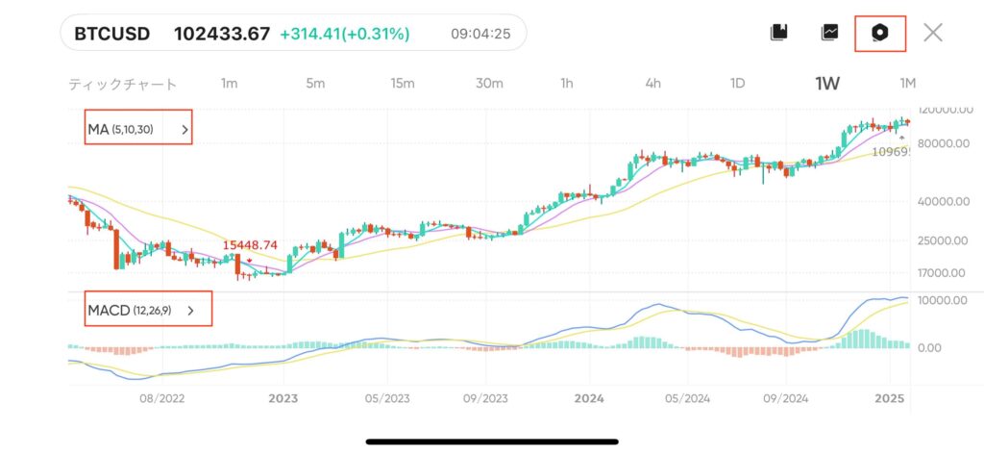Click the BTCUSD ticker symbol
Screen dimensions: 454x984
point(112,34)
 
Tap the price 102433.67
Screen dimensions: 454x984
point(221,34)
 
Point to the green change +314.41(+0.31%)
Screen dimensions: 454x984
point(344,34)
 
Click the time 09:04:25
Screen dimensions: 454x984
point(480,34)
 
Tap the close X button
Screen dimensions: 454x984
point(932,33)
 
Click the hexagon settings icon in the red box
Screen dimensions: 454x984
point(879,33)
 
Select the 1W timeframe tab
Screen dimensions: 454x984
point(827,84)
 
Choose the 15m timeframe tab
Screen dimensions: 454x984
point(403,84)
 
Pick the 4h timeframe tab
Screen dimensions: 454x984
point(652,84)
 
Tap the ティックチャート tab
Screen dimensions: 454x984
point(123,84)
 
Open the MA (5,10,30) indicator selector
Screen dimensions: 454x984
point(138,129)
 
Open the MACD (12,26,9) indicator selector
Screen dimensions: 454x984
point(148,311)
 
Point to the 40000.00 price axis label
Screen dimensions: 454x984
point(943,202)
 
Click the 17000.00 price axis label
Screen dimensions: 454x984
point(943,272)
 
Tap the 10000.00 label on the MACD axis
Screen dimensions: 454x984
point(943,300)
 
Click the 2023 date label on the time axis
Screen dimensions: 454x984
point(283,397)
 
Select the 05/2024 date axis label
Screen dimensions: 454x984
point(686,397)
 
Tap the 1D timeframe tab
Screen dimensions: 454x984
point(737,84)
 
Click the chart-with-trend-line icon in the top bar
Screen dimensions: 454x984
point(830,33)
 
